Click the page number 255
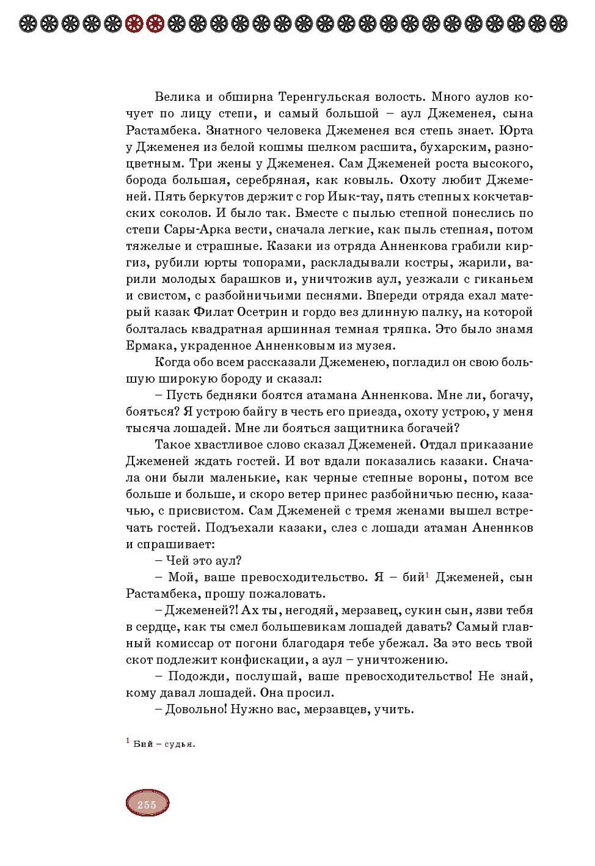tap(147, 804)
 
